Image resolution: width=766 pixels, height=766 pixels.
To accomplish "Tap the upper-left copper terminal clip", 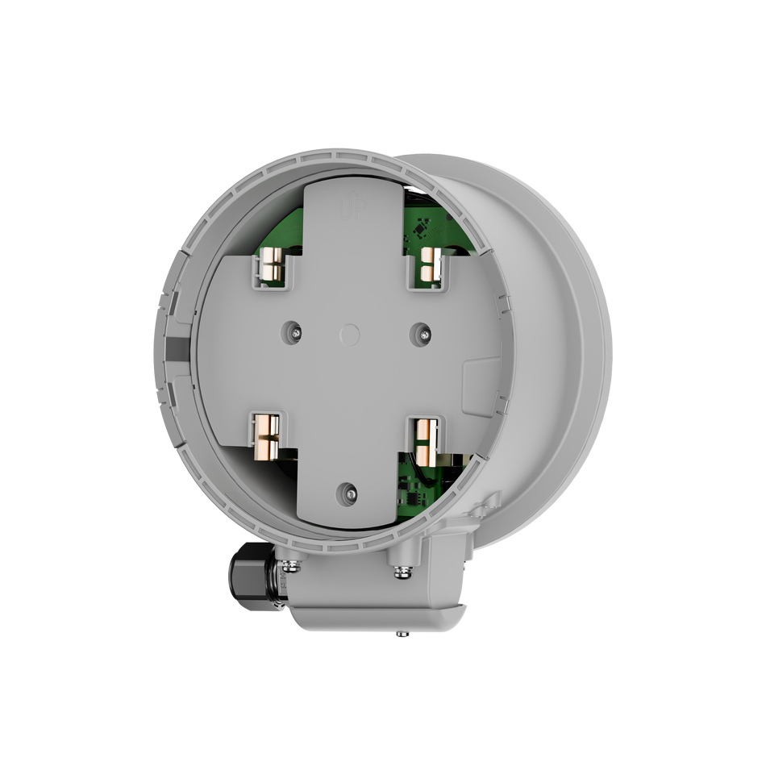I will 273,266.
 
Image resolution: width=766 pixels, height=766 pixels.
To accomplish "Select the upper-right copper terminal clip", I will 430,266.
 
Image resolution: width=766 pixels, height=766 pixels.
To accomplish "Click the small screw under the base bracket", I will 400,635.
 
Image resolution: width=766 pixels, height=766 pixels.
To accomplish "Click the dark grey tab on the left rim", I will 175,348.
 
